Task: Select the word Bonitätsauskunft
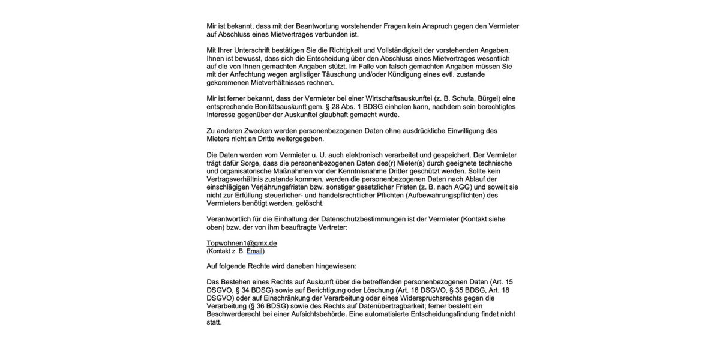coord(278,106)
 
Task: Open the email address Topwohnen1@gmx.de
coord(242,243)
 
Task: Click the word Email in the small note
coord(254,251)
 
